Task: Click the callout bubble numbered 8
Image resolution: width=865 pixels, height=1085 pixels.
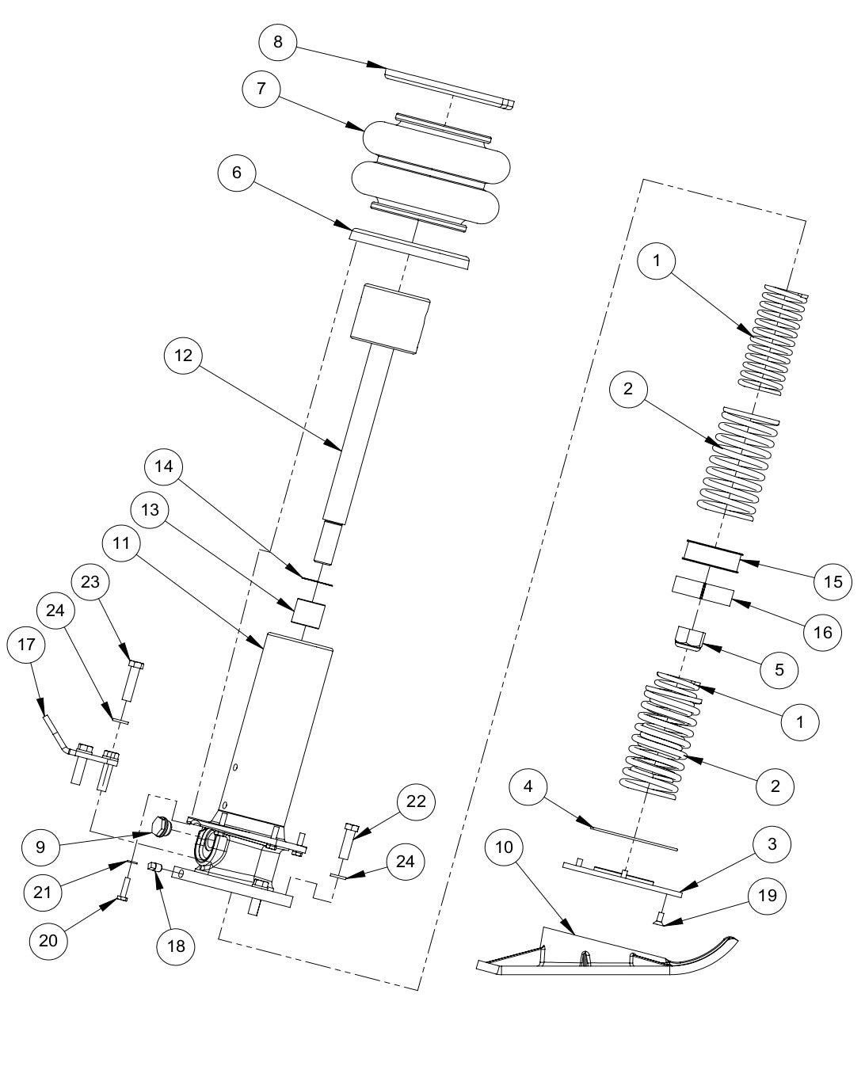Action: pyautogui.click(x=277, y=41)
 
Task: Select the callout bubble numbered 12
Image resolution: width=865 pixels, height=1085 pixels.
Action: pyautogui.click(x=184, y=356)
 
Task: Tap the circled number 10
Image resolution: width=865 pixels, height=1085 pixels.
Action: pyautogui.click(x=507, y=847)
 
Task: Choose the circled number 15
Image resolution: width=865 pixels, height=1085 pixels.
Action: pyautogui.click(x=832, y=582)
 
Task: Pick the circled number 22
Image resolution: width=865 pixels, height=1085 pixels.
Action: pyautogui.click(x=415, y=801)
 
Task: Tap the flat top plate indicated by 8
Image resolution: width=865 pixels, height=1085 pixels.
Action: pyautogui.click(x=448, y=87)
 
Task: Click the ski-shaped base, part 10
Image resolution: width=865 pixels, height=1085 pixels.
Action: pyautogui.click(x=610, y=954)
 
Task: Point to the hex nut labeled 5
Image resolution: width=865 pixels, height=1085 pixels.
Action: pyautogui.click(x=689, y=638)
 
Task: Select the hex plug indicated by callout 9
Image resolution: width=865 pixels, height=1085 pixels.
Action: pyautogui.click(x=161, y=828)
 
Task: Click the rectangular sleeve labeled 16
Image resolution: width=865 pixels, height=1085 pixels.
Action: pyautogui.click(x=702, y=590)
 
